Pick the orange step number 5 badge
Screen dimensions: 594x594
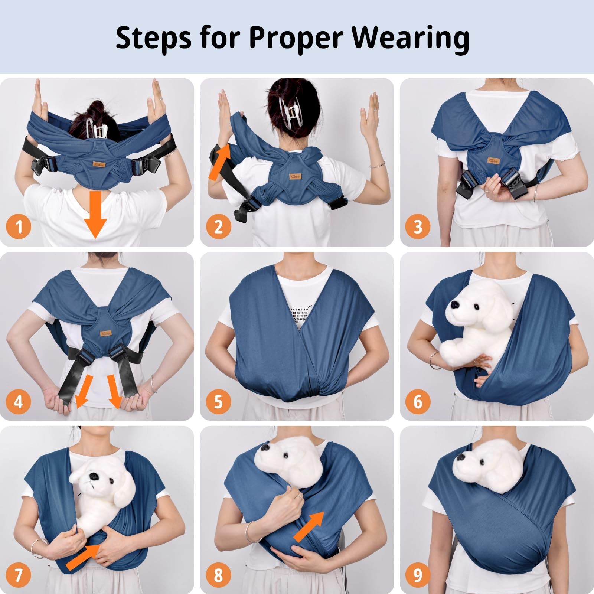tap(218, 401)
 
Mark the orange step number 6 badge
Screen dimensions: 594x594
tap(418, 401)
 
